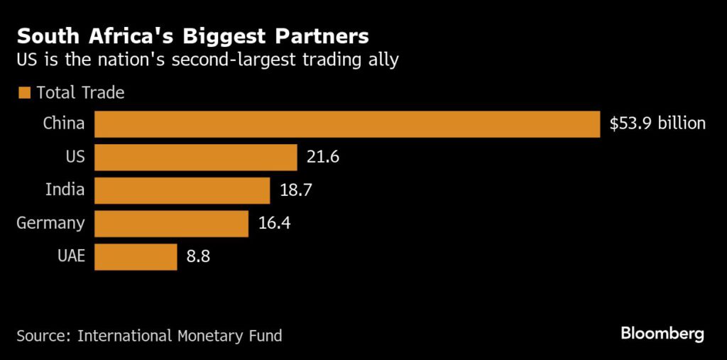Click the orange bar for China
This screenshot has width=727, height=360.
[x=348, y=124]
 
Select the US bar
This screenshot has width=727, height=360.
[x=195, y=157]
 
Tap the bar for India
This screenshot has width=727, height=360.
[x=182, y=190]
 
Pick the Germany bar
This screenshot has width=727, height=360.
[x=171, y=223]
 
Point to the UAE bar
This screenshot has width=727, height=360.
[x=135, y=256]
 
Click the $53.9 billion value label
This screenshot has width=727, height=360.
[x=657, y=124]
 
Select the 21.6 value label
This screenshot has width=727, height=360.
[x=323, y=157]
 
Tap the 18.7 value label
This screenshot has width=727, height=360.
[x=296, y=190]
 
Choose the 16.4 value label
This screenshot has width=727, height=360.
[x=274, y=223]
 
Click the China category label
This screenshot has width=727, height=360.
[x=64, y=124]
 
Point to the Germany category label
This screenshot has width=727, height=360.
[x=50, y=223]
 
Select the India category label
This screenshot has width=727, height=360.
[x=65, y=190]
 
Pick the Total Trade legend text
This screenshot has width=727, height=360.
[x=80, y=93]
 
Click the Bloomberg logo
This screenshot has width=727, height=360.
[x=662, y=333]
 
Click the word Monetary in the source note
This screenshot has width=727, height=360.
[x=214, y=335]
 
